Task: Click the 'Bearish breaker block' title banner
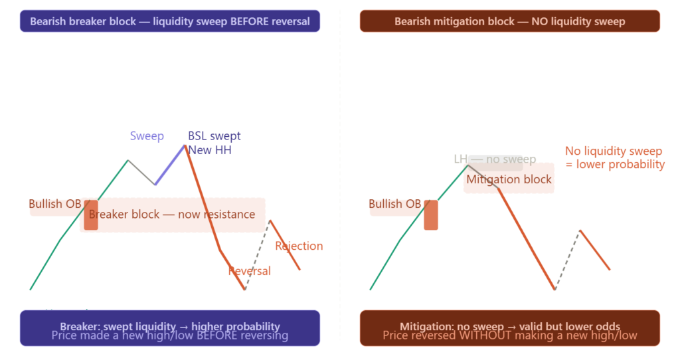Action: coord(169,21)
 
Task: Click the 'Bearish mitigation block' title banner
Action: coord(509,21)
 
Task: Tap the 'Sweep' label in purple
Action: coord(147,136)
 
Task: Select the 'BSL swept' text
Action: coord(214,136)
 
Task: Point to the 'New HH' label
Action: coord(209,150)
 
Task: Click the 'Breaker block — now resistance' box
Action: coord(172,215)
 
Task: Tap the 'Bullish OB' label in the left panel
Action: coord(54,204)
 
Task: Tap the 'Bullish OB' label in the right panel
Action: coord(394,204)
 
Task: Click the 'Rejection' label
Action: coord(299,246)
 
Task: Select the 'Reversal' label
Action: coord(249,271)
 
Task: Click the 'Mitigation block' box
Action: coord(509,179)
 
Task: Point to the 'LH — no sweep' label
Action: coord(495,159)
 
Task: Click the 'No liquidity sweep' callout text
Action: coord(613,151)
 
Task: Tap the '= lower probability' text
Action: coord(615,164)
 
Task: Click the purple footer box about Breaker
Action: coord(169,328)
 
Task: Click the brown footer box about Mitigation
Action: coord(509,328)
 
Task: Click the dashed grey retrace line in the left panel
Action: coord(257,255)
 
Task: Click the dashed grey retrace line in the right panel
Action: coord(568,260)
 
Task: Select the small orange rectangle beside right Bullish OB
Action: coord(430,215)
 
